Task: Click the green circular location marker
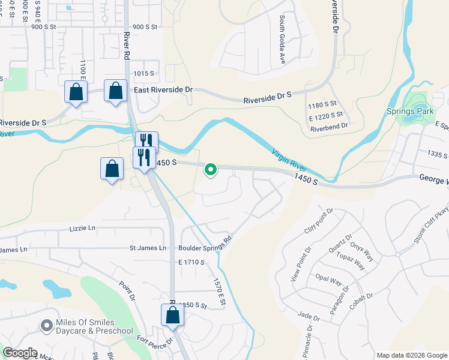point(211,170)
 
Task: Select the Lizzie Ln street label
point(83,228)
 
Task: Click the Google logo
point(20,353)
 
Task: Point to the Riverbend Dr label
point(328,125)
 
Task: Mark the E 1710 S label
point(191,262)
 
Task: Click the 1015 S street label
point(144,73)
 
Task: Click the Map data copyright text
point(411,355)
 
